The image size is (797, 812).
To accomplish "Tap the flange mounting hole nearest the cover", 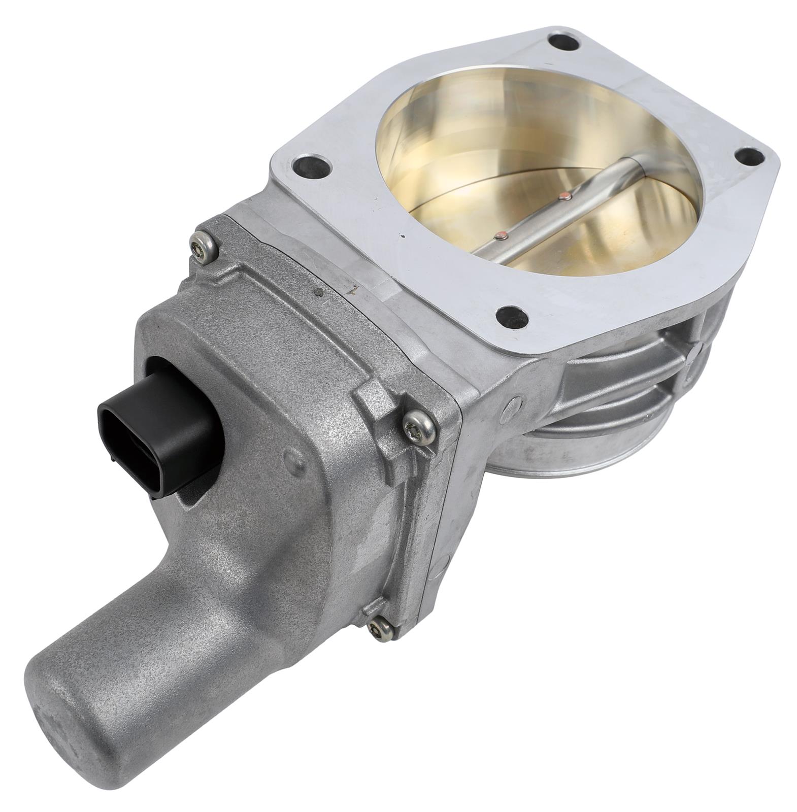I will pyautogui.click(x=309, y=166).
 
